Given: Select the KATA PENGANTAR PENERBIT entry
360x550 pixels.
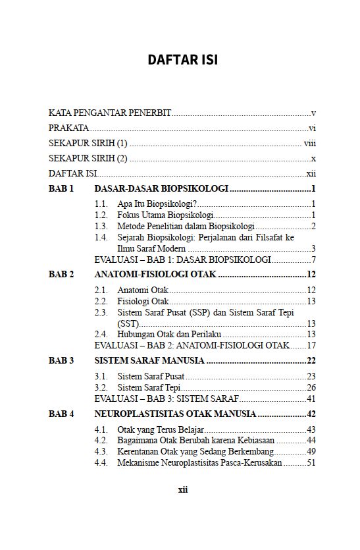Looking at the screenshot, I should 110,113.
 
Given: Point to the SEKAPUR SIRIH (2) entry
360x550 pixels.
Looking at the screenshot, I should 88,159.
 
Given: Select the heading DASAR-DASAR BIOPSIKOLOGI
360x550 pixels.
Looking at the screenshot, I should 161,189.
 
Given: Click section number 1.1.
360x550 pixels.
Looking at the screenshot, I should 101,204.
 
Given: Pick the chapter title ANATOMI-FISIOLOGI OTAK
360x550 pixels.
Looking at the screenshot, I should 155,274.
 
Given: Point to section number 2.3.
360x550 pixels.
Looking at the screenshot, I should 101,312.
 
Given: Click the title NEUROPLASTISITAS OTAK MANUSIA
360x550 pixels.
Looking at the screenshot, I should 175,414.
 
